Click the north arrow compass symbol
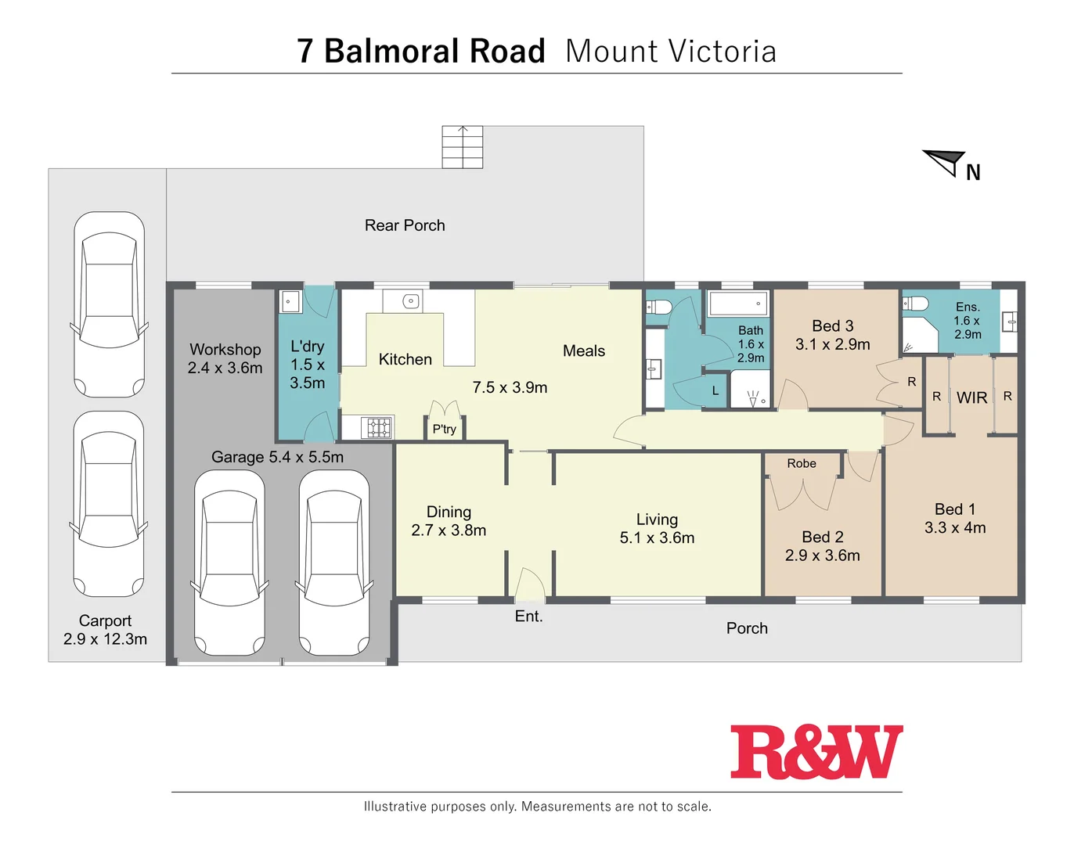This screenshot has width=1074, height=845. (x=946, y=163)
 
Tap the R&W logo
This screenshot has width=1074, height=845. (x=816, y=752)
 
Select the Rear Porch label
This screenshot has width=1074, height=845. (x=405, y=225)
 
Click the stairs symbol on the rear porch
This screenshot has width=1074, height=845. (x=462, y=147)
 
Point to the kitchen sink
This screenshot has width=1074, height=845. (x=411, y=301)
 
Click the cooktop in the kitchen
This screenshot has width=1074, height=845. (x=378, y=428)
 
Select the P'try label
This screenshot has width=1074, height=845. (x=444, y=429)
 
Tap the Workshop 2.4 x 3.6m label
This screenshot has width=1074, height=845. (x=225, y=358)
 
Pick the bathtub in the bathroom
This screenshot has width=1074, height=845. (x=738, y=304)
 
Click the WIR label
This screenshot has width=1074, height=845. (x=971, y=397)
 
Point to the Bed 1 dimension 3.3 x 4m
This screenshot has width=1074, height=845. (x=955, y=528)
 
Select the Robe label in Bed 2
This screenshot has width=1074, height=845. (x=802, y=463)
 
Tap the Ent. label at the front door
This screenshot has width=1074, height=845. (x=528, y=617)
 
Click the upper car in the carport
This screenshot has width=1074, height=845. (x=109, y=305)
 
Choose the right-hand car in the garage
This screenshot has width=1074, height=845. (x=334, y=563)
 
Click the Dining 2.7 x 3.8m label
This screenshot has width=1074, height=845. (x=449, y=521)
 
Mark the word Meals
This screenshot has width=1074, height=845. (x=584, y=351)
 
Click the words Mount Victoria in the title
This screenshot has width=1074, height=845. (x=671, y=52)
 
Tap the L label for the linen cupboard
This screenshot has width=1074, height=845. (x=715, y=390)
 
